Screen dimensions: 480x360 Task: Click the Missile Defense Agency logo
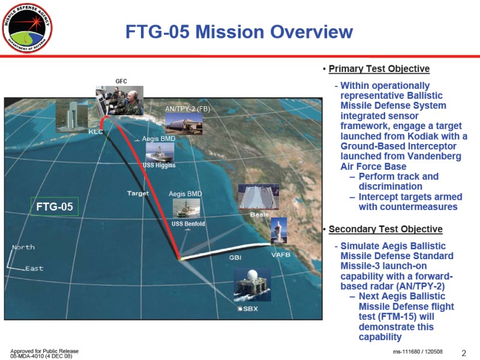coord(27,28)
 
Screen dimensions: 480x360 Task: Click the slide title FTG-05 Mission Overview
coord(239,32)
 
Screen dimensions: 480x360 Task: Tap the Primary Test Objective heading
coord(379,69)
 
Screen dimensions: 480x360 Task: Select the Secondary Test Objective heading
coord(385,229)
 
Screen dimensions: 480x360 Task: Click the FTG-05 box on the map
coord(55,206)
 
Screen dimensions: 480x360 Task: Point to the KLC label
coord(95,131)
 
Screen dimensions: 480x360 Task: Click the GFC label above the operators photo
coord(121,81)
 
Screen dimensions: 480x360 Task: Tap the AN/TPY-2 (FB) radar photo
coord(184,124)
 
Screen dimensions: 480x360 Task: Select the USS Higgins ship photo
coord(160,152)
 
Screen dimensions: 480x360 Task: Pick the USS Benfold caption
coord(188,224)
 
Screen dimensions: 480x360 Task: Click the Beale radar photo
coord(259,197)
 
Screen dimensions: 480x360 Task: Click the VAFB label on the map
coord(281,254)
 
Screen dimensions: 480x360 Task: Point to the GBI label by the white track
coord(235,258)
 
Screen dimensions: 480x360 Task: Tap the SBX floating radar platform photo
coord(252,285)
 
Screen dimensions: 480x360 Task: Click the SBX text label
coord(250,309)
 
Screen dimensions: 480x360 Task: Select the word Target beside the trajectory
coord(138,193)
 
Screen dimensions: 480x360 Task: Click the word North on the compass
coord(23,247)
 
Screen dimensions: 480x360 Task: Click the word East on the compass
coord(34,268)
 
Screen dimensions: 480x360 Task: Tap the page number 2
coord(464,353)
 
